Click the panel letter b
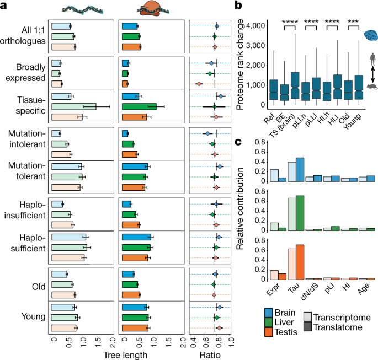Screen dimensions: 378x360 pyautogui.click(x=238, y=5)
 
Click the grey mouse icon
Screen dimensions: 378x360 pyautogui.click(x=372, y=87)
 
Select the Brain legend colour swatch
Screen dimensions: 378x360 pyautogui.click(x=268, y=313)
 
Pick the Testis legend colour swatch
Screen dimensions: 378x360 pyautogui.click(x=268, y=332)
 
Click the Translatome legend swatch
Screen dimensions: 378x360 pyautogui.click(x=307, y=327)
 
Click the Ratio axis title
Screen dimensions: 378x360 pyautogui.click(x=210, y=355)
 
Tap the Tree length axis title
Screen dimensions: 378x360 pyautogui.click(x=125, y=355)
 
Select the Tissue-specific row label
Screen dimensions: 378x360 pyautogui.click(x=30, y=105)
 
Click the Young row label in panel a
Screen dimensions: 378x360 pyautogui.click(x=33, y=316)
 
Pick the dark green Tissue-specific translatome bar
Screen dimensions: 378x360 pyautogui.click(x=139, y=106)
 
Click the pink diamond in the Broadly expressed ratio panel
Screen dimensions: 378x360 pyautogui.click(x=199, y=84)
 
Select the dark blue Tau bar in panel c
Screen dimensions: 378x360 pyautogui.click(x=300, y=169)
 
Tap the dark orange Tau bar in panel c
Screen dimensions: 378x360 pyautogui.click(x=300, y=262)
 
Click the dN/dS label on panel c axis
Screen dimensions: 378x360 pyautogui.click(x=310, y=292)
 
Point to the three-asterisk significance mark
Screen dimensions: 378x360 pyautogui.click(x=353, y=22)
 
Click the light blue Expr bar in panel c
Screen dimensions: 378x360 pyautogui.click(x=274, y=175)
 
